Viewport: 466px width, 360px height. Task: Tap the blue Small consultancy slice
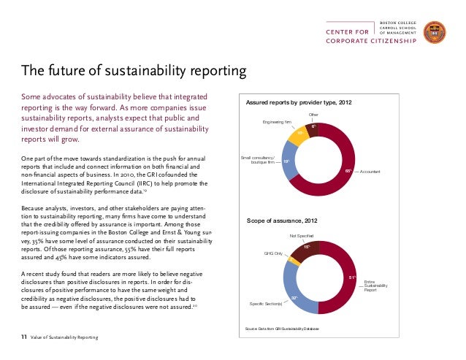click(286, 161)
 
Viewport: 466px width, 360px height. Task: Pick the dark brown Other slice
click(313, 128)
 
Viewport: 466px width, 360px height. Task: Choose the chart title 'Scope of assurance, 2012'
click(282, 220)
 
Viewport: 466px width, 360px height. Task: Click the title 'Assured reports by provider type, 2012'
click(299, 104)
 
